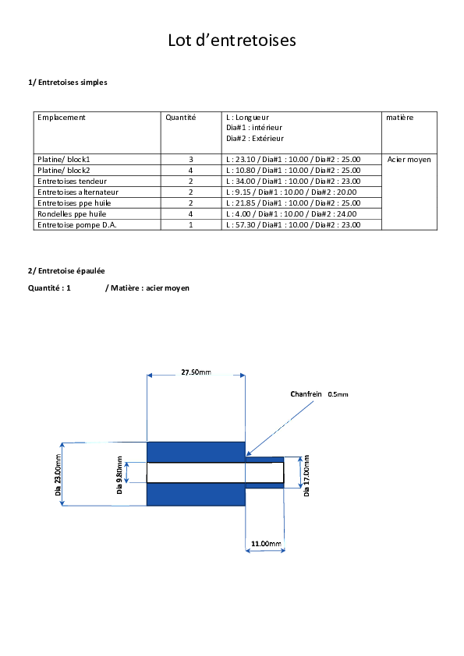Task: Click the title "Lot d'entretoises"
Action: pyautogui.click(x=232, y=41)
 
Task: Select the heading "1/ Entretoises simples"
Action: pyautogui.click(x=67, y=83)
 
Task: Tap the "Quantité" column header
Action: pyautogui.click(x=180, y=118)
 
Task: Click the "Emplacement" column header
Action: pyautogui.click(x=61, y=118)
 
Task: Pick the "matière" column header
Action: pyautogui.click(x=399, y=118)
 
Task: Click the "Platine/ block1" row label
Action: pyautogui.click(x=64, y=160)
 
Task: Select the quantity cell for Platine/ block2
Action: pyautogui.click(x=190, y=171)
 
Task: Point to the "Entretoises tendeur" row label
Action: pyautogui.click(x=72, y=182)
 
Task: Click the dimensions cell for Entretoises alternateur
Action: pyautogui.click(x=292, y=192)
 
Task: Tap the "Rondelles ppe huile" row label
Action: pyautogui.click(x=72, y=213)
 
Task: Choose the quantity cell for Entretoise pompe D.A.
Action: pyautogui.click(x=190, y=224)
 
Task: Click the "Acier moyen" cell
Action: pyautogui.click(x=409, y=160)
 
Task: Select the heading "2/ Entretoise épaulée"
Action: pyautogui.click(x=66, y=271)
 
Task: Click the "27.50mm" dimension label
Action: pyautogui.click(x=196, y=372)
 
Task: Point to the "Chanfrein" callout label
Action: pyautogui.click(x=306, y=394)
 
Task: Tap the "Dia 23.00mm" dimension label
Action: pyautogui.click(x=58, y=474)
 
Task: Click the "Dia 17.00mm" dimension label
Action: pyautogui.click(x=306, y=476)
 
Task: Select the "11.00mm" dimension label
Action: pyautogui.click(x=266, y=544)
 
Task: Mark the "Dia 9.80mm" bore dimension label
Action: pyautogui.click(x=120, y=475)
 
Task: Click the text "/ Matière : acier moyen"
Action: pyautogui.click(x=147, y=288)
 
